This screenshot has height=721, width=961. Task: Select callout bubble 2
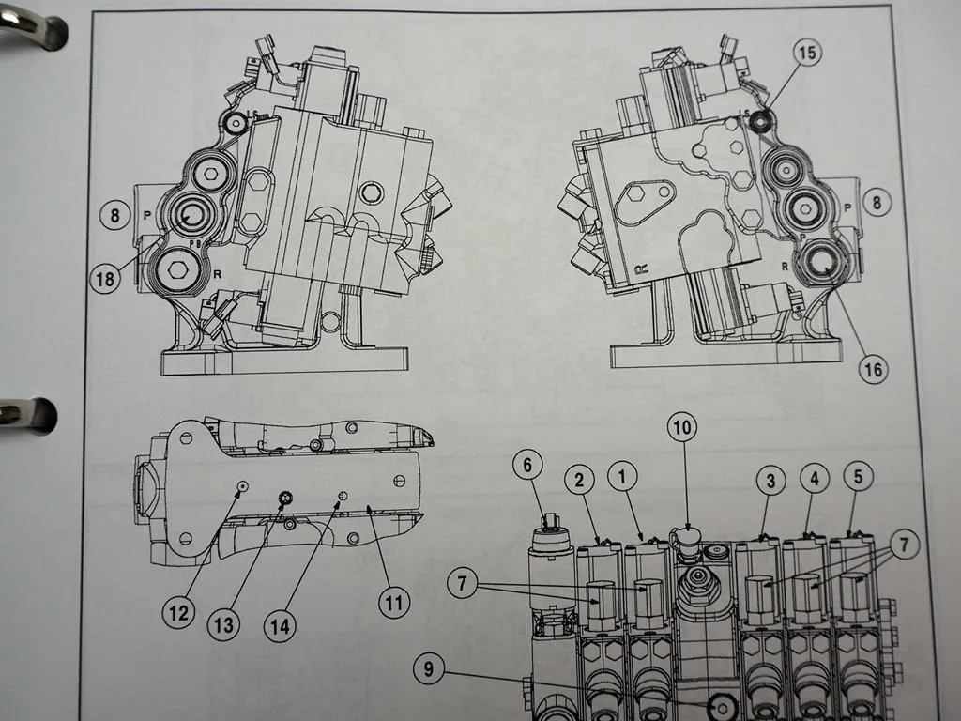click(580, 479)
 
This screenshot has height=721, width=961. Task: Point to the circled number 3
click(770, 481)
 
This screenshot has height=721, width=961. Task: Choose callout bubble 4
click(815, 478)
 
